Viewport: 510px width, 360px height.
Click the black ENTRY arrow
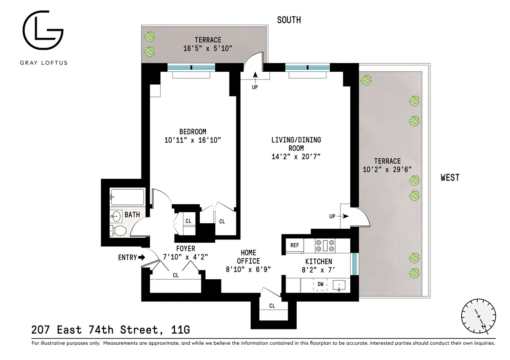[142, 257]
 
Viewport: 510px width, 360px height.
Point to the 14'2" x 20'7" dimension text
[296, 157]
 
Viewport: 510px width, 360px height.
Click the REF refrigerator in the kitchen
[295, 245]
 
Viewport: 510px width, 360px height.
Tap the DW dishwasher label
[320, 284]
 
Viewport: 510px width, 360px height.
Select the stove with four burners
[326, 245]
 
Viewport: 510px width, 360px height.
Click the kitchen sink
[339, 285]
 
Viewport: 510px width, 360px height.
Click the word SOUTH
[289, 20]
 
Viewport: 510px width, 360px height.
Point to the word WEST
[450, 177]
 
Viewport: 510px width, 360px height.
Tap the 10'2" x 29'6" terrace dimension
[387, 169]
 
